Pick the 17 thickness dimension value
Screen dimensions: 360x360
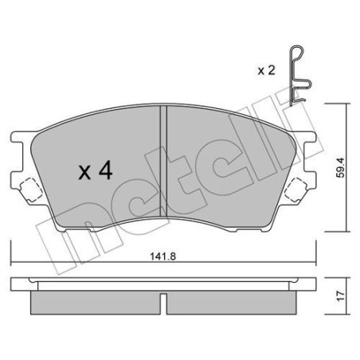coord(342,296)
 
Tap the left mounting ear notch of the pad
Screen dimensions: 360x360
coord(29,190)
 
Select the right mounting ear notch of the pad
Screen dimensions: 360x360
coord(297,190)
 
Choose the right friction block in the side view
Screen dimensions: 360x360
coord(232,302)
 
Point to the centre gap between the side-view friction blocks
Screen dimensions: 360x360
coord(163,303)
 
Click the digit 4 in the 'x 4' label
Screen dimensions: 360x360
coord(104,171)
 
